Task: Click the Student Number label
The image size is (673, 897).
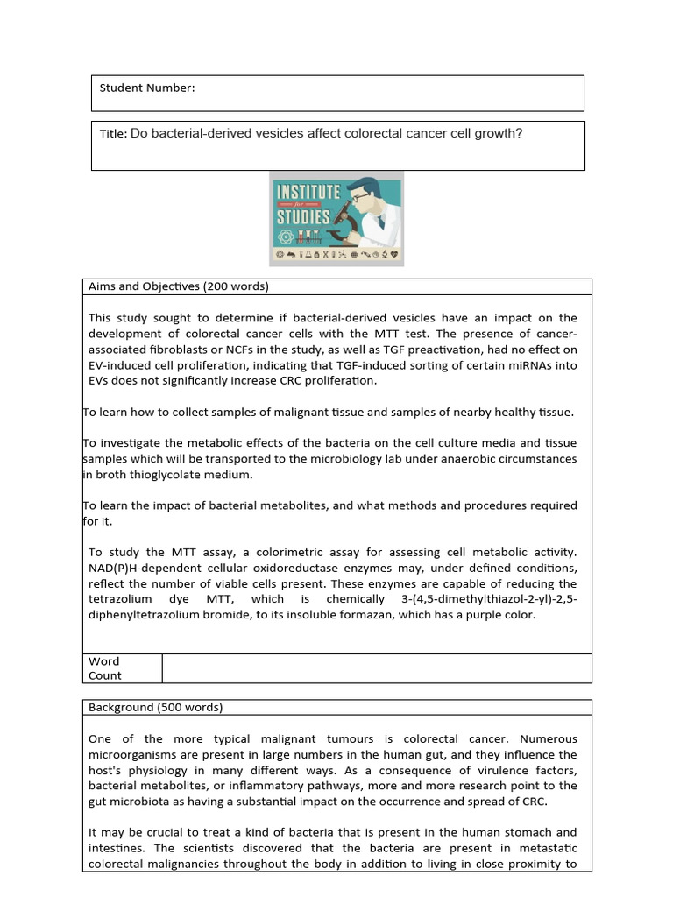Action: (x=147, y=88)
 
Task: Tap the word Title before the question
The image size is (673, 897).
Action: (x=112, y=134)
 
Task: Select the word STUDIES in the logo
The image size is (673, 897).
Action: (x=303, y=216)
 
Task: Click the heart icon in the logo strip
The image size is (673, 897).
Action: (x=394, y=255)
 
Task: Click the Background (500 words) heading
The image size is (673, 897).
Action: (x=155, y=707)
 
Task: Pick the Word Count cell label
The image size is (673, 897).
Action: (x=104, y=668)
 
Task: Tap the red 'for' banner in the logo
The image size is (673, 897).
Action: (x=306, y=204)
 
